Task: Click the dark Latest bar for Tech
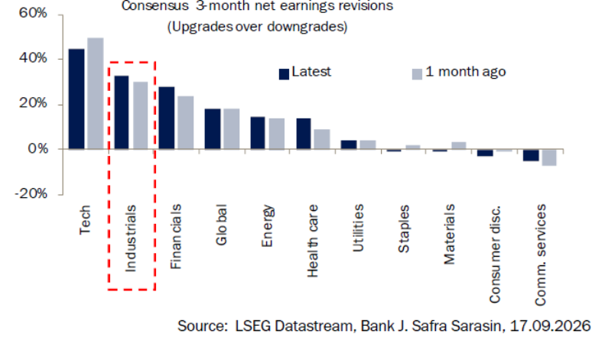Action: click(76, 99)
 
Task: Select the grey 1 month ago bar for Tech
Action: click(96, 93)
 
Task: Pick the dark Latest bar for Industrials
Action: click(122, 112)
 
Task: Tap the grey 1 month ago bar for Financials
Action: click(186, 122)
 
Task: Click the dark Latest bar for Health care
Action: click(304, 134)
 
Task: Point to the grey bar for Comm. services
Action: click(549, 157)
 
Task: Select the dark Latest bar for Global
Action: click(213, 129)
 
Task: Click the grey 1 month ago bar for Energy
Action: click(277, 134)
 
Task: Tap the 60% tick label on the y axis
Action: click(33, 13)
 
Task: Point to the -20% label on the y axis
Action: click(31, 194)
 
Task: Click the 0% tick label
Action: click(37, 149)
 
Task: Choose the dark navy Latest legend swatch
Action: click(284, 74)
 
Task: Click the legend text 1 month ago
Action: click(466, 72)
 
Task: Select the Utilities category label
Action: click(358, 228)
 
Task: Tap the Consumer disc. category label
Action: click(495, 255)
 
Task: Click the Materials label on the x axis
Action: click(449, 235)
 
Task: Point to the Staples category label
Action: click(404, 229)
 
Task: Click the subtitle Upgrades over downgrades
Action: click(257, 27)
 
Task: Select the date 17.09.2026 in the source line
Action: click(550, 326)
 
